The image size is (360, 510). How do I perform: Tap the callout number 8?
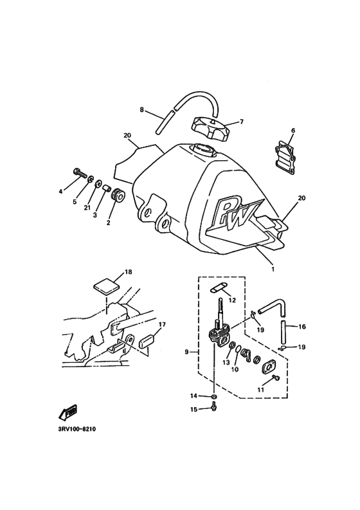[x=142, y=109]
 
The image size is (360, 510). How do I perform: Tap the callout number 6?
[x=292, y=131]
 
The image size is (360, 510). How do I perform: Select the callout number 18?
[x=128, y=272]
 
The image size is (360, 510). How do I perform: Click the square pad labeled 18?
[x=105, y=284]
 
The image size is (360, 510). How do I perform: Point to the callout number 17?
[x=163, y=324]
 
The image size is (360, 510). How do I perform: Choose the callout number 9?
[x=186, y=352]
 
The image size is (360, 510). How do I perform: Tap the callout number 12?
[x=232, y=300]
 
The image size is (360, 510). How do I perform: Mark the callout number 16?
[x=301, y=327]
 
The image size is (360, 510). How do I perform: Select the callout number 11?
[x=260, y=389]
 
